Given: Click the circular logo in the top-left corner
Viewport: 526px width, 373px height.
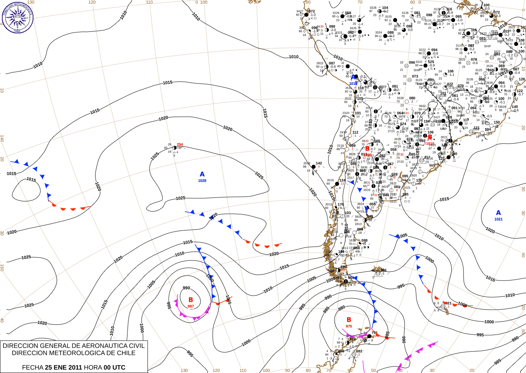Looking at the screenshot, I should [x=17, y=17].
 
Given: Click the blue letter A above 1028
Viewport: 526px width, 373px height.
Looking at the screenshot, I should [x=202, y=174].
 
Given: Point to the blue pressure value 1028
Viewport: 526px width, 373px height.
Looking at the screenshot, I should [x=202, y=181].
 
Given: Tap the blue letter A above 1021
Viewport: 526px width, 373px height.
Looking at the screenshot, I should [x=498, y=213].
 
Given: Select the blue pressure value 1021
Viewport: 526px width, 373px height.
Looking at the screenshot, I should [x=498, y=219].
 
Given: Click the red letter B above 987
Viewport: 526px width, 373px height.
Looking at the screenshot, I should [x=191, y=300].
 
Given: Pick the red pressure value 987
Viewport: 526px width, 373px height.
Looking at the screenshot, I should [x=191, y=306].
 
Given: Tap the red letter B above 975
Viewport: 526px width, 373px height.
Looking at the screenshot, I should [x=349, y=320].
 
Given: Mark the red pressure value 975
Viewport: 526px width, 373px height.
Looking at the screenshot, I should [x=349, y=326].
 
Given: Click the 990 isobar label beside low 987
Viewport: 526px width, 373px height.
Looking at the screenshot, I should [x=186, y=288].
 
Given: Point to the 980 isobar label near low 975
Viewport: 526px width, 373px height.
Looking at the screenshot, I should [x=341, y=308].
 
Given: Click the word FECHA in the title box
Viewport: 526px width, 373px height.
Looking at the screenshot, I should [x=33, y=367].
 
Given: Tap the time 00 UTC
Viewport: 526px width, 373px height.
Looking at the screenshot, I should [x=114, y=367].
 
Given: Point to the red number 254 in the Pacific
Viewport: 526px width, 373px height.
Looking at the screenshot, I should [x=180, y=144].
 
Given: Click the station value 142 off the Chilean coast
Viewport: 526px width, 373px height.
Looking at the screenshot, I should [x=319, y=163].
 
